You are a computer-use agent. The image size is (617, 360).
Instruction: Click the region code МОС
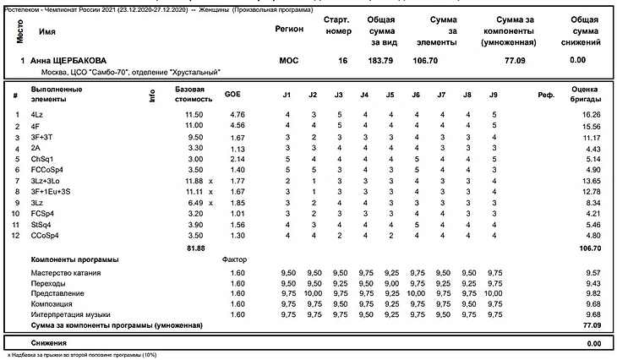(x=288, y=61)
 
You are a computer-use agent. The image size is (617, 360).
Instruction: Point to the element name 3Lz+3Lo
(x=46, y=181)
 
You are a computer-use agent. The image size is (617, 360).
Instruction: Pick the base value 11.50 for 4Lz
(x=194, y=114)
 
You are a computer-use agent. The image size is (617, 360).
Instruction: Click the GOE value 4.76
(x=237, y=114)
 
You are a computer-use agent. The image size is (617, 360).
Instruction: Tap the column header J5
(x=390, y=95)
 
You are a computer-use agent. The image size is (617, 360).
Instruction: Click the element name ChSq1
(x=42, y=158)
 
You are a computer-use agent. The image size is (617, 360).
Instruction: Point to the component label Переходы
(x=50, y=284)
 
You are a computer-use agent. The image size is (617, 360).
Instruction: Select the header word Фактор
(x=232, y=259)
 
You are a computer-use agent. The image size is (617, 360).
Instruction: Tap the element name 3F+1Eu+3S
(x=50, y=192)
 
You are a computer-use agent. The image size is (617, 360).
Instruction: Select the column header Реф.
(x=545, y=95)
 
